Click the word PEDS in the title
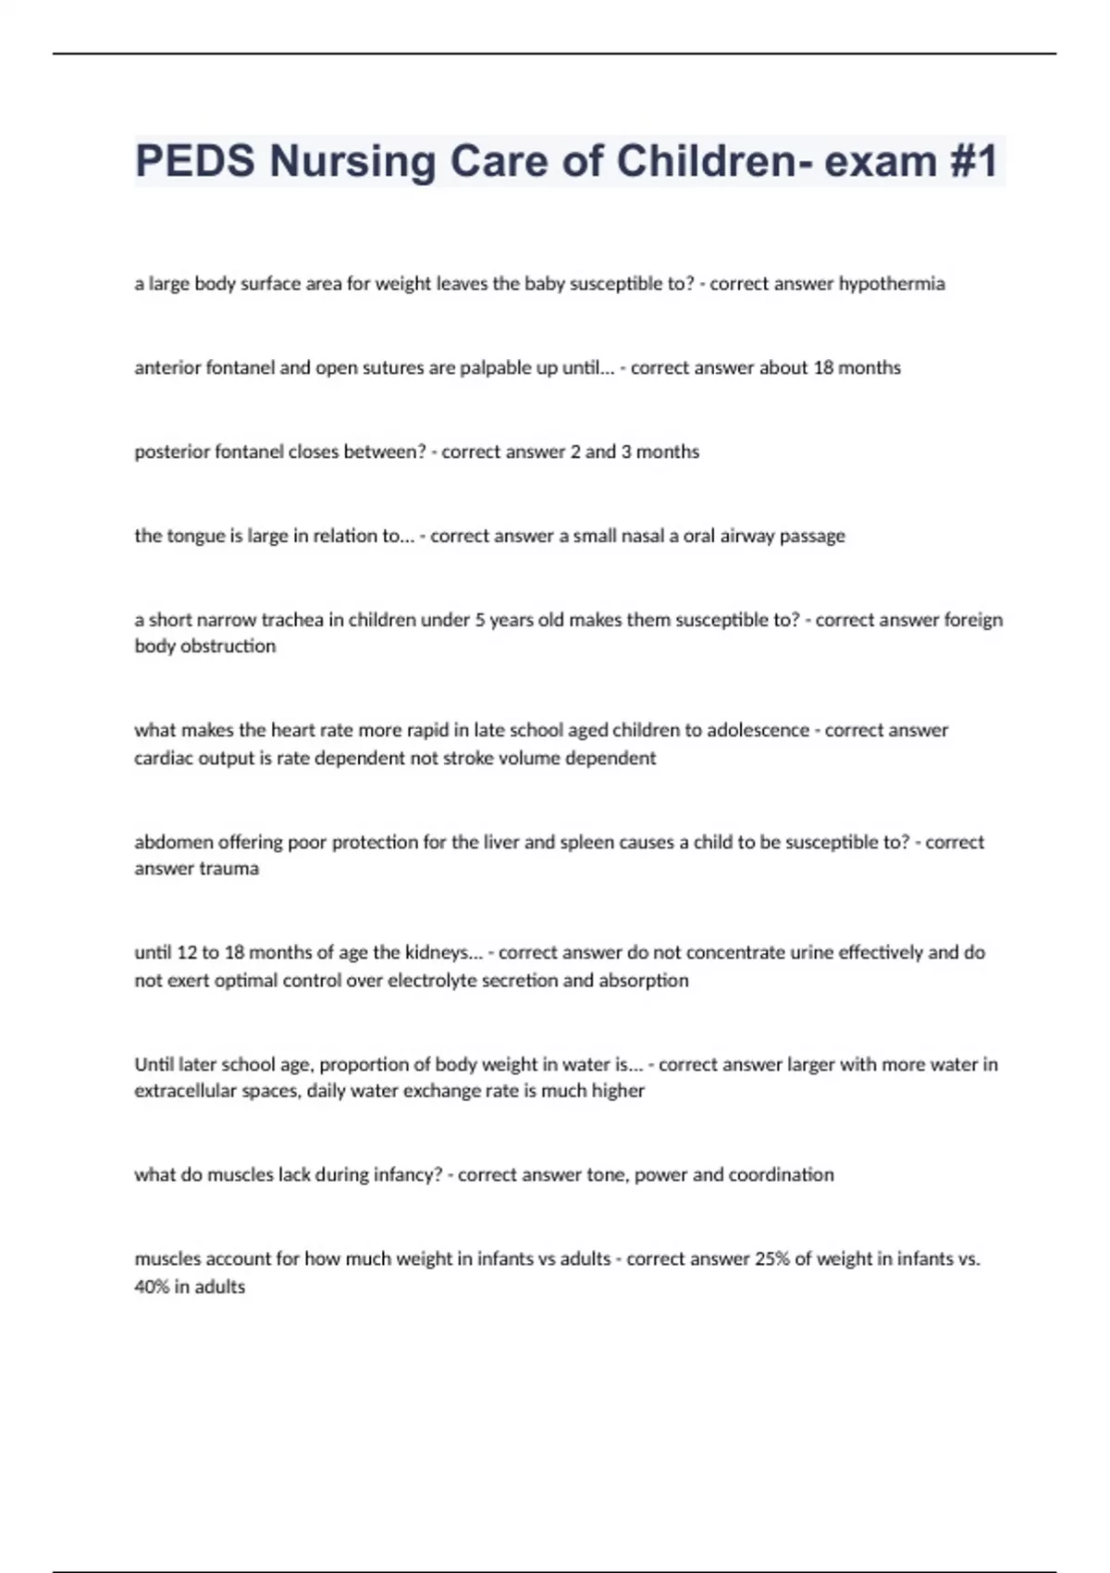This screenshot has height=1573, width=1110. click(194, 161)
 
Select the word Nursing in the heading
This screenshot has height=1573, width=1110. click(352, 161)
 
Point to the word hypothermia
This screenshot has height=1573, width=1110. click(892, 284)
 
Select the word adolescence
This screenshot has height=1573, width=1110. click(758, 730)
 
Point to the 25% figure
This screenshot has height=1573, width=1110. click(772, 1259)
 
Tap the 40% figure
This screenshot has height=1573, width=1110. click(151, 1287)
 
